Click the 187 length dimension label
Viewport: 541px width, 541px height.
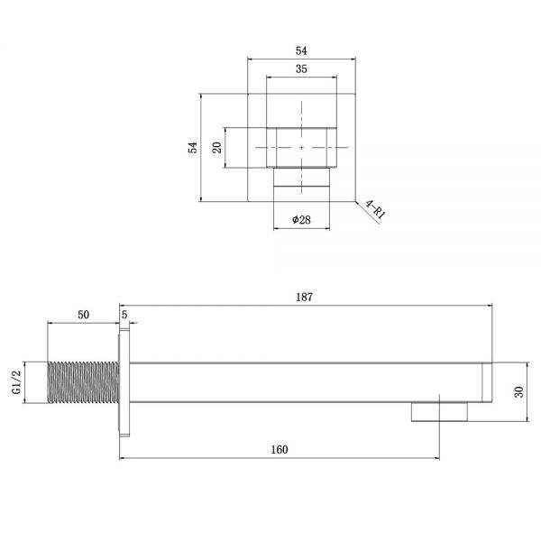[304, 297]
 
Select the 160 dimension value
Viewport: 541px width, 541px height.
[280, 450]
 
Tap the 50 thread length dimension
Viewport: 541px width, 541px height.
[83, 315]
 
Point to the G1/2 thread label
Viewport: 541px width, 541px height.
[16, 381]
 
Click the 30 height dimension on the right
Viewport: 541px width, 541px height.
[519, 391]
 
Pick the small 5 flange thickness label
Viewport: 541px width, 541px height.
[124, 315]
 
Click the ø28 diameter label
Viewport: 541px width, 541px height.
[301, 219]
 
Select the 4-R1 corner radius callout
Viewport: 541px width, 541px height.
[375, 209]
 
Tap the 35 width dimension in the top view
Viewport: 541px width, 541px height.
[301, 69]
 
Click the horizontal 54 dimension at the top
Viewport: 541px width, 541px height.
[301, 51]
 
